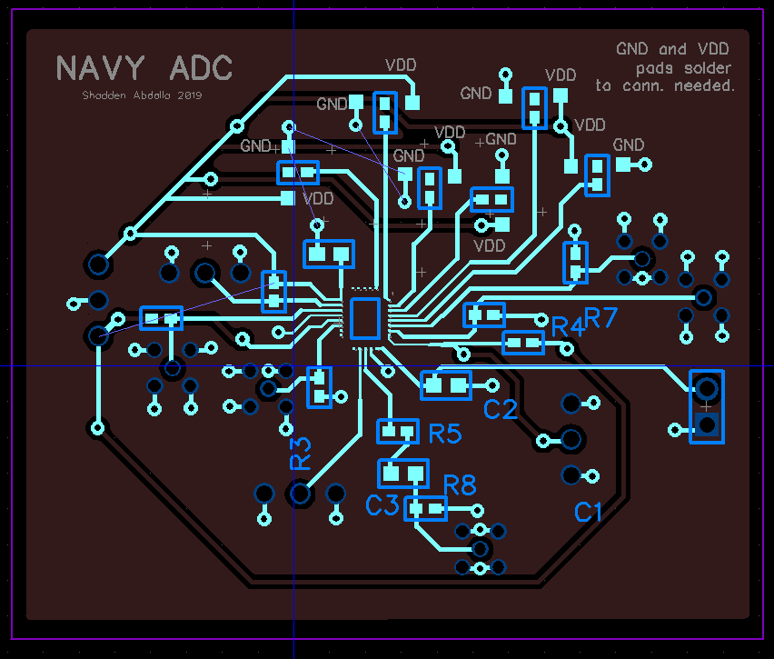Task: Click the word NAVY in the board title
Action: (100, 68)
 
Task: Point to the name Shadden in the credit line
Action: (104, 95)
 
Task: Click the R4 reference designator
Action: (567, 326)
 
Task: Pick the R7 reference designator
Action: (600, 317)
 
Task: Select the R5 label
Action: (445, 434)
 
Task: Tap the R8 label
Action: (460, 485)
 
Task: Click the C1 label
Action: (589, 513)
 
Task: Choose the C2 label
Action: (500, 410)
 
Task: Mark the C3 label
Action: (383, 505)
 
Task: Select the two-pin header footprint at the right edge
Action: (707, 406)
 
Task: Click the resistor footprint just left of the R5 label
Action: (398, 431)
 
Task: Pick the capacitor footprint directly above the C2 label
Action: (446, 384)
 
